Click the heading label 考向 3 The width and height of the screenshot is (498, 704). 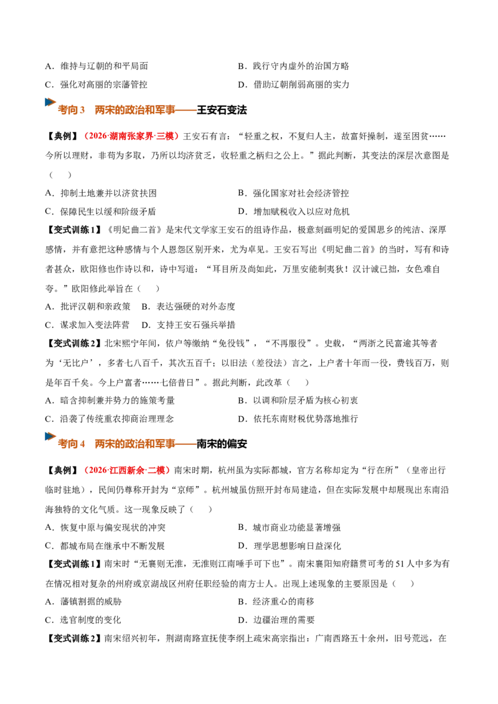point(71,110)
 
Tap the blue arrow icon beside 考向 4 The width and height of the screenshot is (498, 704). point(50,436)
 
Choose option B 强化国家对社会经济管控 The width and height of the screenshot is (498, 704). point(293,193)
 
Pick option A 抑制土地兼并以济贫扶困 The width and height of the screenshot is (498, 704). point(101,193)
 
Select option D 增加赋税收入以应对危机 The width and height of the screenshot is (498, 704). point(293,211)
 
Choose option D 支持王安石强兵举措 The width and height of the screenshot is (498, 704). point(189,325)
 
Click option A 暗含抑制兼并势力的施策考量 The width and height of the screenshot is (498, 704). point(110,400)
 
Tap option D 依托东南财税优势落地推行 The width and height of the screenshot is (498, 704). point(298,419)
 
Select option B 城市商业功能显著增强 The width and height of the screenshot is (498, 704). point(289,527)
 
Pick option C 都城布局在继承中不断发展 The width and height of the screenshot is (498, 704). point(105,546)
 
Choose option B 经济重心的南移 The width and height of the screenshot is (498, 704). point(276,601)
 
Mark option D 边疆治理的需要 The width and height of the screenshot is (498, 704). point(276,619)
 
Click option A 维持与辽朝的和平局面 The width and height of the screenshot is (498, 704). point(96,66)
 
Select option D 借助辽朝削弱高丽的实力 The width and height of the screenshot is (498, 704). point(293,85)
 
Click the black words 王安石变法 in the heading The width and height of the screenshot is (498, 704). point(222,110)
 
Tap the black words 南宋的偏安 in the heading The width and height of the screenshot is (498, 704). point(222,444)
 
